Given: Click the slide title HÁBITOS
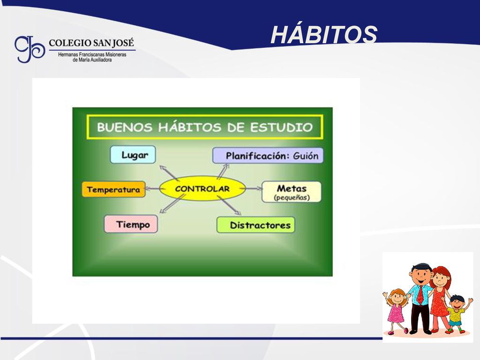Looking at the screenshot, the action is (x=324, y=34).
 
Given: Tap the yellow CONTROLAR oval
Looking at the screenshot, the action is (x=202, y=188).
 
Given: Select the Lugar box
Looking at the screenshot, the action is (x=133, y=155).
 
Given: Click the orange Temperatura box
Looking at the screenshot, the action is (x=113, y=189).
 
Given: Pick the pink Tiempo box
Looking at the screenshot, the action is (x=131, y=224).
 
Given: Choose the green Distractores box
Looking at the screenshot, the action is (x=256, y=225).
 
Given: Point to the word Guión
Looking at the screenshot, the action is (x=306, y=156).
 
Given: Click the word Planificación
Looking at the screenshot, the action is (x=257, y=156).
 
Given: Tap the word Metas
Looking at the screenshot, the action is (x=292, y=188).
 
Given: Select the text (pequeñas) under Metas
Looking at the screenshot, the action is (x=292, y=198).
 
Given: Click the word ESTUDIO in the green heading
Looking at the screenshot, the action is (x=282, y=127).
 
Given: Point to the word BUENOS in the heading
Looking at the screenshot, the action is (x=125, y=127).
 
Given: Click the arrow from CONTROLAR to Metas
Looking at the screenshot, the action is (x=254, y=188).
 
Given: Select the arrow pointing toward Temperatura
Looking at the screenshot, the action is (x=152, y=188).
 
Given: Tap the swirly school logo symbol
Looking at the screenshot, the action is (x=30, y=49).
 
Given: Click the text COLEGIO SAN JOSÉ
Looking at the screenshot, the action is (x=91, y=43).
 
